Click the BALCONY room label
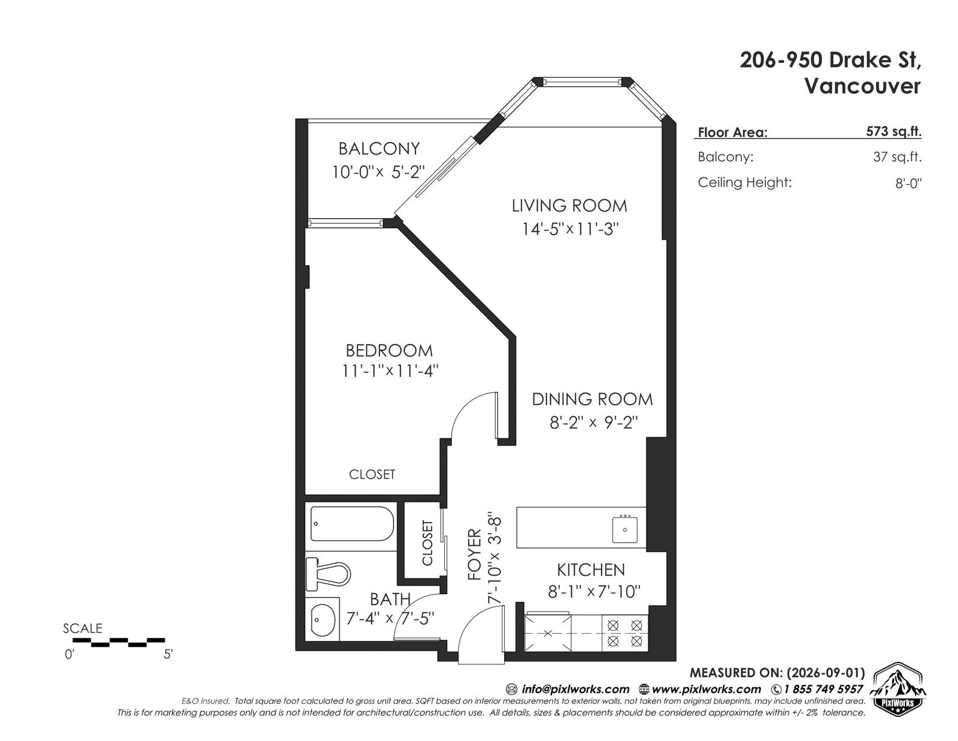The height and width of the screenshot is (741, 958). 378,149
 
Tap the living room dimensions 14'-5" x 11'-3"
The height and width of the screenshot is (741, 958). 571,229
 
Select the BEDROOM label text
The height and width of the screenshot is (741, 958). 389,350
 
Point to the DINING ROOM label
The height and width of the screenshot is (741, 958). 592,399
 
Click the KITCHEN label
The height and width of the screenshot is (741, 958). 591,570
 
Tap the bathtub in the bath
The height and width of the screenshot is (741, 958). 352,524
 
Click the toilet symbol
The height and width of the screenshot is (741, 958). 328,574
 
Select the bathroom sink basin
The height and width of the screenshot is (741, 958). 323,618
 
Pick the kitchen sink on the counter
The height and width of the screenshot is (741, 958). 624,529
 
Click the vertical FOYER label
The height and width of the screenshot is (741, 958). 474,555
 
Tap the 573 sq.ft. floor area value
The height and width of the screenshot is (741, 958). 893,131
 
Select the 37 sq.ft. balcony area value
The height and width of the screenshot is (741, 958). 897,156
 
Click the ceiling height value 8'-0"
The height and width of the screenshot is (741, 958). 908,183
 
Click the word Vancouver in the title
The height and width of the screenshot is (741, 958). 863,86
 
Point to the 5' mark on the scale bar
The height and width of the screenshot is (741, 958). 168,655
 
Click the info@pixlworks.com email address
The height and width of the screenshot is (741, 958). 575,689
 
